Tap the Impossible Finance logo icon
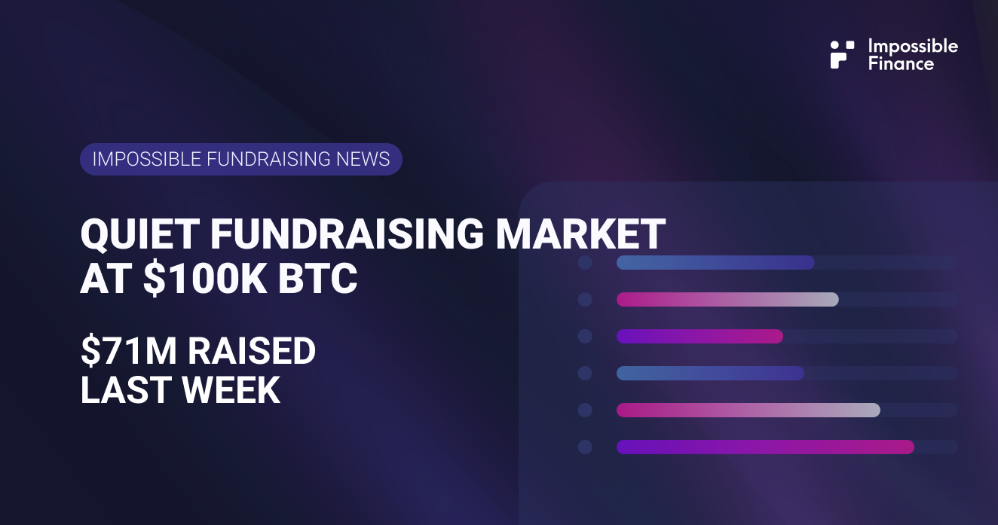tap(842, 54)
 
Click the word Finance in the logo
tap(900, 64)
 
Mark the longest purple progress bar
tap(765, 447)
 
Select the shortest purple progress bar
tap(700, 336)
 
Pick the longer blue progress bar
tap(715, 262)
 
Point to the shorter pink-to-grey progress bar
tap(727, 299)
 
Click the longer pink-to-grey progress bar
tap(748, 410)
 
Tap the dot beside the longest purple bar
tap(585, 447)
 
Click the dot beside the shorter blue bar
tap(585, 373)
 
